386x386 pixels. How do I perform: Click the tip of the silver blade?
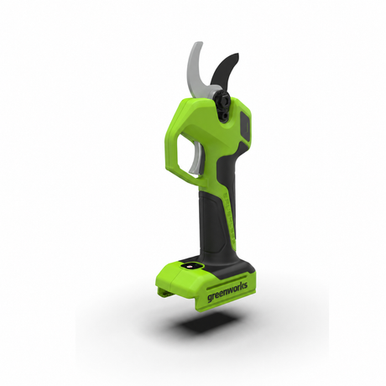click(199, 43)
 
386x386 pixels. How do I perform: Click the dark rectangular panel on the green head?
click(246, 125)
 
